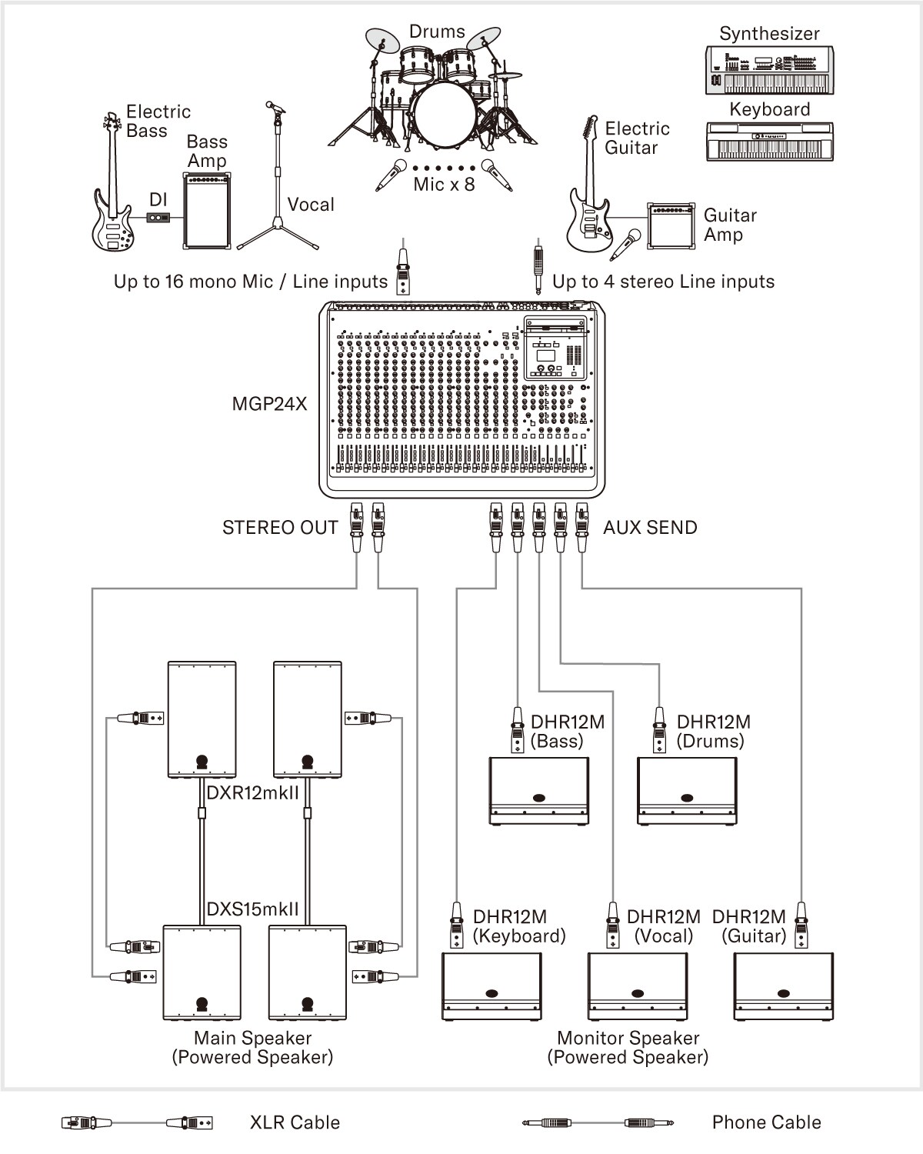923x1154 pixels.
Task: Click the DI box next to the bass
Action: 158,218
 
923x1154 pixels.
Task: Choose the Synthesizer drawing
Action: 768,71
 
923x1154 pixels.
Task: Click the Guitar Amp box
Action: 671,226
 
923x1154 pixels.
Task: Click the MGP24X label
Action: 269,403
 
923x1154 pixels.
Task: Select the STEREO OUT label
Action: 280,528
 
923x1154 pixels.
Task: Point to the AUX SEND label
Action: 650,528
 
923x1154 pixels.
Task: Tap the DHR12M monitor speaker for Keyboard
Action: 491,986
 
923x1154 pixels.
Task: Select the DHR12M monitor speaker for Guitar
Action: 784,986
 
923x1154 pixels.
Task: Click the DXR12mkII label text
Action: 253,792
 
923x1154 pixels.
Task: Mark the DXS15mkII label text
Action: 253,909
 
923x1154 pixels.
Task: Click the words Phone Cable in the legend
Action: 766,1122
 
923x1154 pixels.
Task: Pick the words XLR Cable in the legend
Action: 295,1122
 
